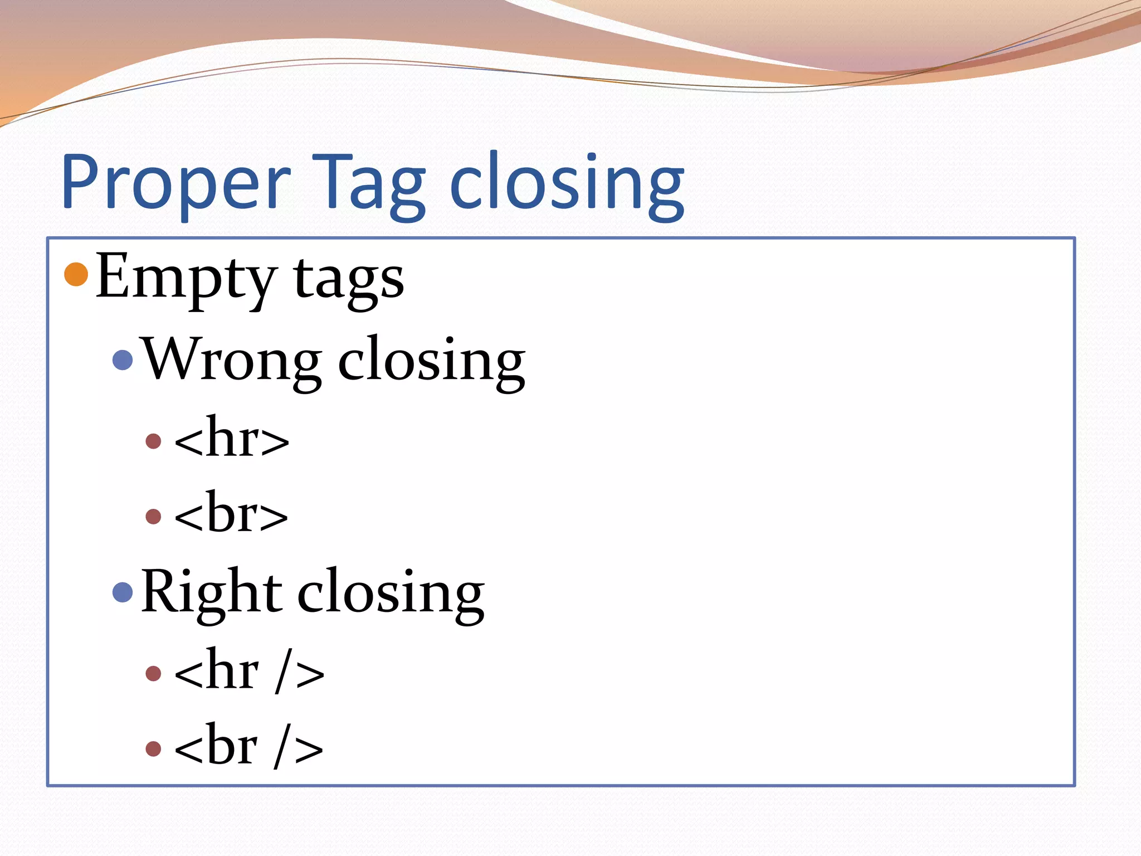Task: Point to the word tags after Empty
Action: pyautogui.click(x=349, y=279)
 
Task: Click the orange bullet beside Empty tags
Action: pyautogui.click(x=76, y=274)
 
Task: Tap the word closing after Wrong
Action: pyautogui.click(x=431, y=361)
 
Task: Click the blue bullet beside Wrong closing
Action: pyautogui.click(x=123, y=360)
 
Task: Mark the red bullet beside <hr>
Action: pyautogui.click(x=153, y=441)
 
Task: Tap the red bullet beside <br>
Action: pyautogui.click(x=153, y=517)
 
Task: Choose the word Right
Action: pyautogui.click(x=211, y=592)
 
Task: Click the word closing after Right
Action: pyautogui.click(x=391, y=594)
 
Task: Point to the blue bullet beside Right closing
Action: pyautogui.click(x=123, y=592)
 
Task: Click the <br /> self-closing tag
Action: pyautogui.click(x=248, y=747)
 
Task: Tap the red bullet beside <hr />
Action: pyautogui.click(x=153, y=674)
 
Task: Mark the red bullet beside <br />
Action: pyautogui.click(x=153, y=748)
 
